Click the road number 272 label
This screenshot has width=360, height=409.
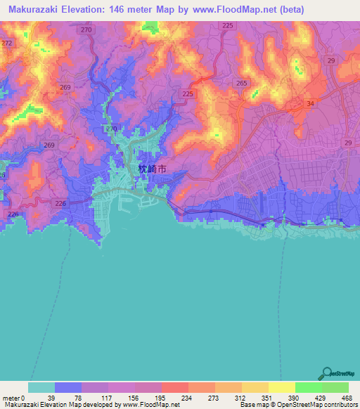7,43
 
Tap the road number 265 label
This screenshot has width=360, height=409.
242,83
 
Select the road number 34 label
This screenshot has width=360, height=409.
309,104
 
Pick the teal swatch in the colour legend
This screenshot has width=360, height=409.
41,387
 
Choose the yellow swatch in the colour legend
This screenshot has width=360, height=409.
282,387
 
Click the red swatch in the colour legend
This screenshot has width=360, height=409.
175,387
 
